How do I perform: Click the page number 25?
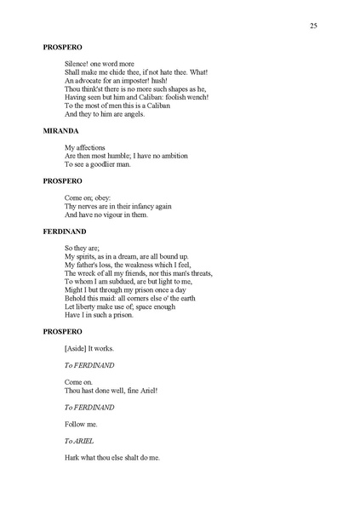click(x=313, y=27)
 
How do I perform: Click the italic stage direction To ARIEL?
click(x=79, y=441)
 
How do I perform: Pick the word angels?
click(x=132, y=114)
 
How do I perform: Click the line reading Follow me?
click(x=81, y=423)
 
